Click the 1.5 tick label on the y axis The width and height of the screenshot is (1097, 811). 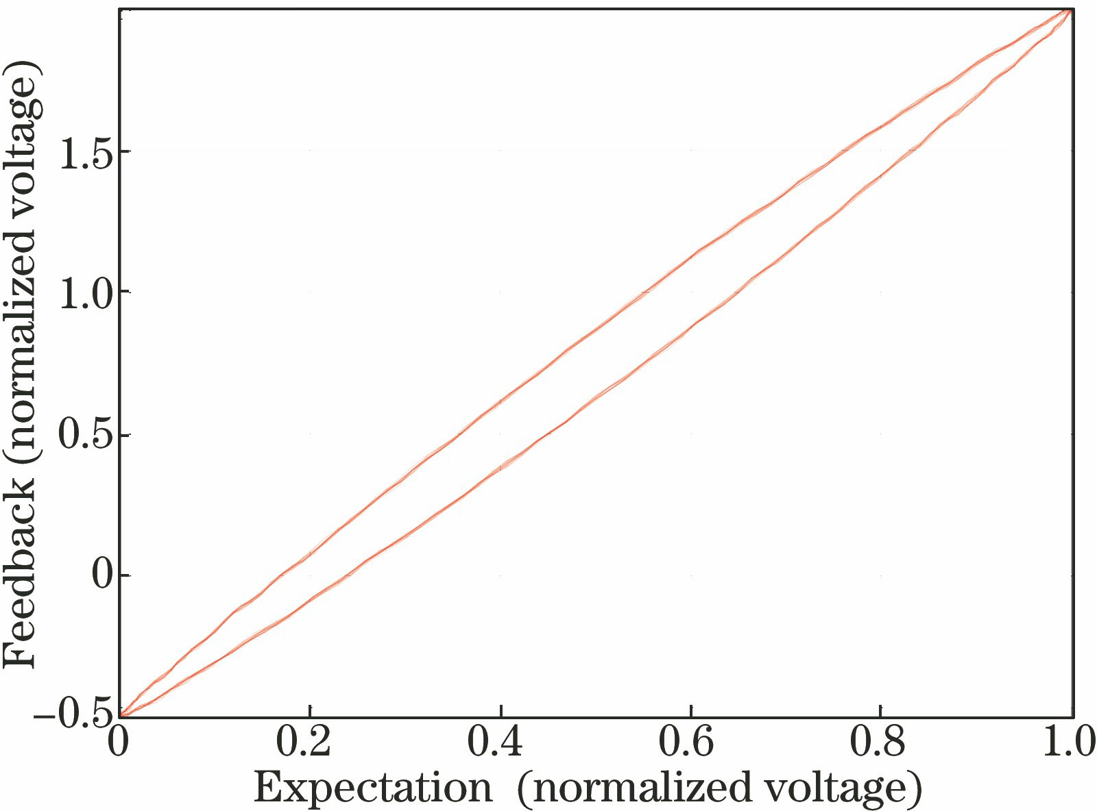[x=84, y=152]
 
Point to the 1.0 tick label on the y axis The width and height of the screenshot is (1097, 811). [x=84, y=293]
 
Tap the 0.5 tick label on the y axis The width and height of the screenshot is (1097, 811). [x=84, y=436]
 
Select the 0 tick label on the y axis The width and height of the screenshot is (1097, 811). [x=101, y=576]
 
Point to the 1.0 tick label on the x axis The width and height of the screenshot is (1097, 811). [x=1069, y=743]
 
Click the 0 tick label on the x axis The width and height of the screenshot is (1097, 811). [x=119, y=743]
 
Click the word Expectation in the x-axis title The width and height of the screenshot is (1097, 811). [x=373, y=788]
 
